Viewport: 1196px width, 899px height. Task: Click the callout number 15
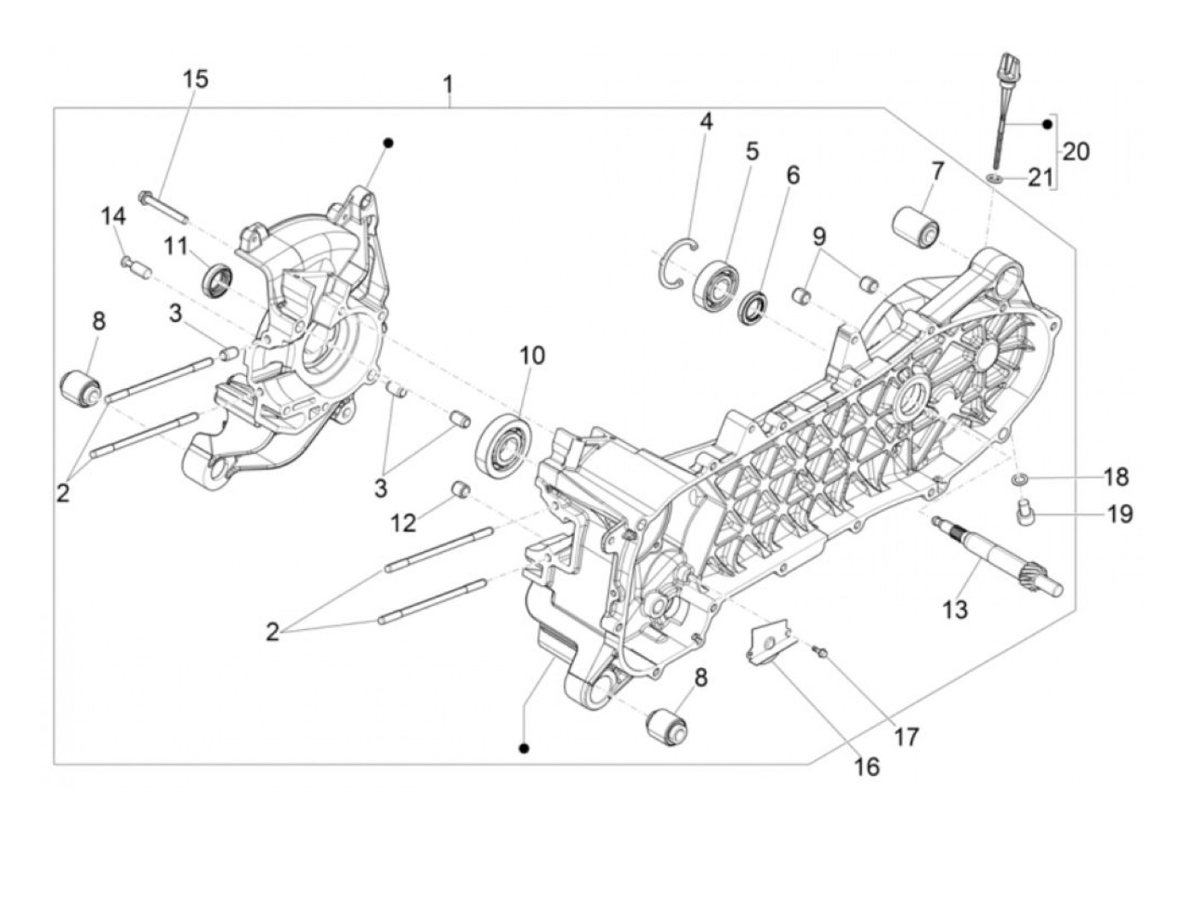click(195, 79)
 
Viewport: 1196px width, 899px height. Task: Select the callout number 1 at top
click(447, 85)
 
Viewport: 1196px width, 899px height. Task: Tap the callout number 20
click(1076, 151)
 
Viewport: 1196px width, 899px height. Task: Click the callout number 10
click(531, 355)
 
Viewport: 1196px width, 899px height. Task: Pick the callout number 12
click(403, 522)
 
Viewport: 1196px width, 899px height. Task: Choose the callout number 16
click(866, 766)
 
